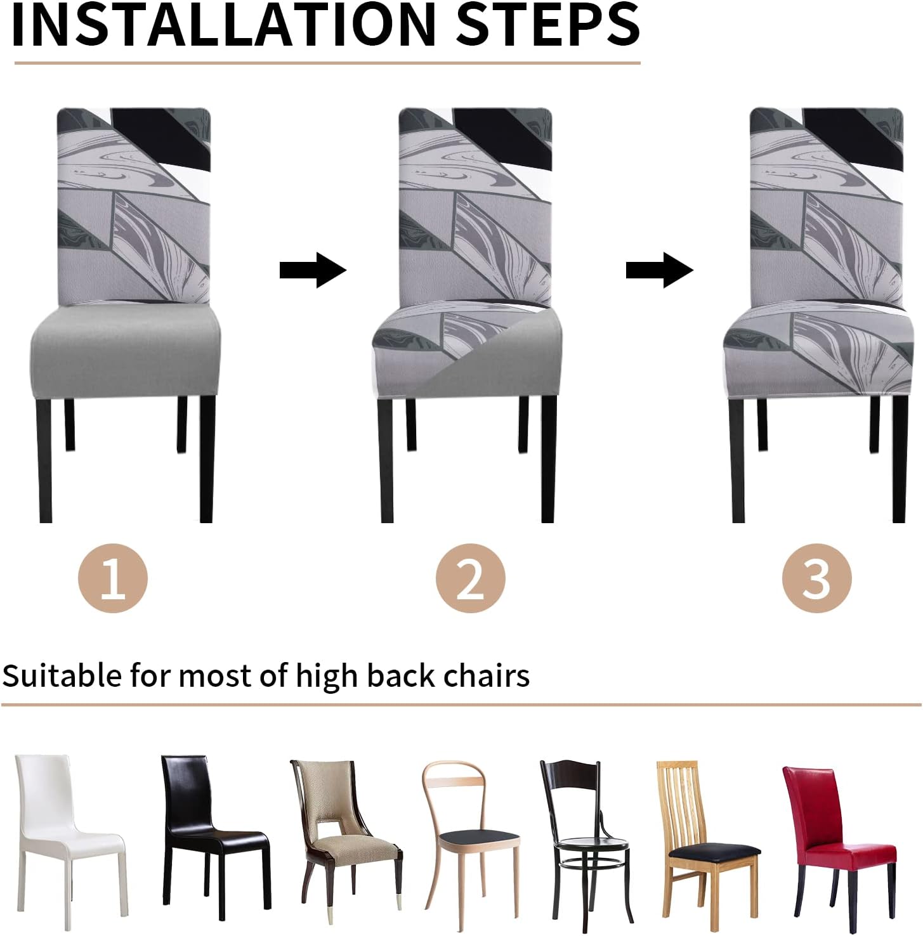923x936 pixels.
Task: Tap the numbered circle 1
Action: [x=113, y=578]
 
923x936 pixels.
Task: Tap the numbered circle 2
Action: [x=470, y=578]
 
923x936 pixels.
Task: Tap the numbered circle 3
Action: [x=816, y=578]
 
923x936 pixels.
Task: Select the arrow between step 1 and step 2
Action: [x=313, y=270]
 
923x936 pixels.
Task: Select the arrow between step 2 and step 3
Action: [x=659, y=270]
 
